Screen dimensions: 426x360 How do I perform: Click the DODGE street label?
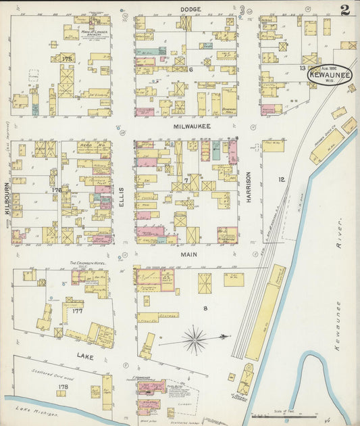click(191, 9)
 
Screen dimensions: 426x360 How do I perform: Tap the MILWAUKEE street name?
click(191, 126)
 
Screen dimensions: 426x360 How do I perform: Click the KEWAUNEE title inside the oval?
click(330, 76)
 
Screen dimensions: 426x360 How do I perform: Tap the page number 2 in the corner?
click(345, 9)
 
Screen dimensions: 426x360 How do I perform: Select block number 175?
click(66, 60)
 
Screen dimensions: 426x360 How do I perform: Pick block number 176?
click(56, 191)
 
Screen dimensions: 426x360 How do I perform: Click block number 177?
click(77, 312)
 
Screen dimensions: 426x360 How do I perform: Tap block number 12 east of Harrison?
click(282, 179)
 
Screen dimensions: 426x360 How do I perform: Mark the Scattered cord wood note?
click(51, 373)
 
